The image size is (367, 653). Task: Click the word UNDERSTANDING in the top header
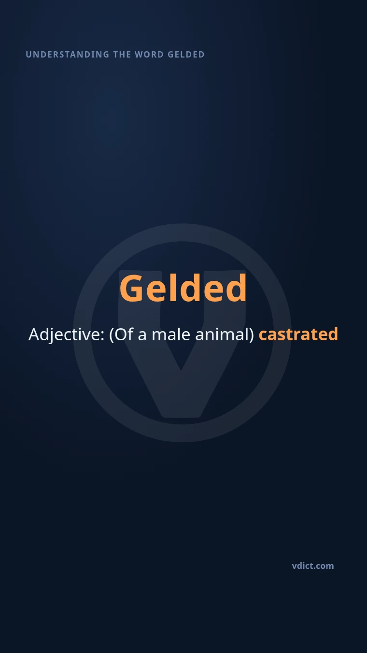pos(68,55)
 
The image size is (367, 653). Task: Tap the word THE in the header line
pos(122,55)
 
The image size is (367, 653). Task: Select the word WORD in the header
pos(149,55)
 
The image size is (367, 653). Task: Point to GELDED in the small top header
pos(186,55)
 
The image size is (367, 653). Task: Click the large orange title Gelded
pos(183,288)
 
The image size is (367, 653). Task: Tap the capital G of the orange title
pos(132,288)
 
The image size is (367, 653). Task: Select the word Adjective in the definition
pos(64,334)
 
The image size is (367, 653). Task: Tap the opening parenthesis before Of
pos(111,334)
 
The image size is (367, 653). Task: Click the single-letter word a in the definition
pos(142,336)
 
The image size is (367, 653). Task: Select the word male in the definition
pos(171,334)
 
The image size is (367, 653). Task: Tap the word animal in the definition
pos(222,334)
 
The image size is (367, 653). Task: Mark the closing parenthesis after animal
pos(252,334)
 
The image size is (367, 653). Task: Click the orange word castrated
pos(298,334)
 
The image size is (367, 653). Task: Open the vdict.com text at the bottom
pos(313,566)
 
